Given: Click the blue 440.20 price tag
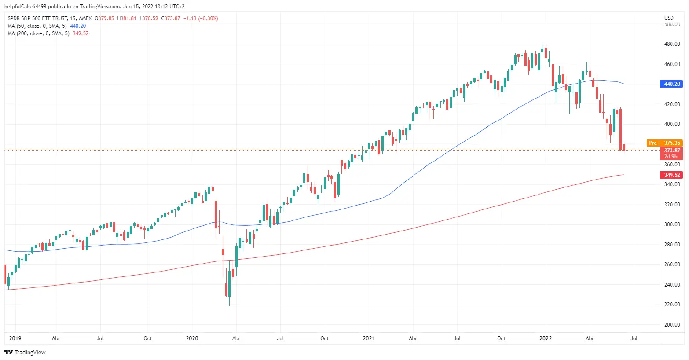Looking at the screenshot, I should coord(671,84).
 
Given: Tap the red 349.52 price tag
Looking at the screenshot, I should coord(671,175).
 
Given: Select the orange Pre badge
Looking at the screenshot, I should coord(653,143).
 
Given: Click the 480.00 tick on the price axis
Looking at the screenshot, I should coord(672,44).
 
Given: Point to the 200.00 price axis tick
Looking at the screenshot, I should coord(672,325).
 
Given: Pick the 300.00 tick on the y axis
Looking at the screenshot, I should coord(672,224).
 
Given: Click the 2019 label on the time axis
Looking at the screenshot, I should coord(15,338).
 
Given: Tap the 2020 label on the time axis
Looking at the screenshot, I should coord(192,338).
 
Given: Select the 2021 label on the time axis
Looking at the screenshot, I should coord(369,338).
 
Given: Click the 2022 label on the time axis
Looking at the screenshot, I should coord(546,338).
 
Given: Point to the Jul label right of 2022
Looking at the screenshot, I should coord(634,338).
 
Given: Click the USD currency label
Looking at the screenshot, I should coord(669,18).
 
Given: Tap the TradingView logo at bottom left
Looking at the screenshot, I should coord(25,352).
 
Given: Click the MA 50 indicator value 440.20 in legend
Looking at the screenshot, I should coord(78,26).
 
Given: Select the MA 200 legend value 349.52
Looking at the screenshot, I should coord(81,33).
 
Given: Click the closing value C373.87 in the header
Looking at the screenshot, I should coord(171,18).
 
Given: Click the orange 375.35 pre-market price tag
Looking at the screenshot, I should coord(672,143).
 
